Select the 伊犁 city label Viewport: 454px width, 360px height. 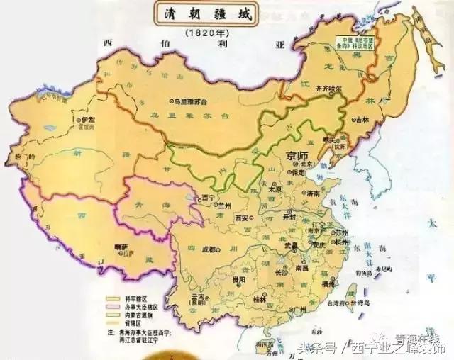click(88, 120)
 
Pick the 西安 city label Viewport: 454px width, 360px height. click(243, 218)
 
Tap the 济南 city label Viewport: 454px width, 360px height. click(311, 192)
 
